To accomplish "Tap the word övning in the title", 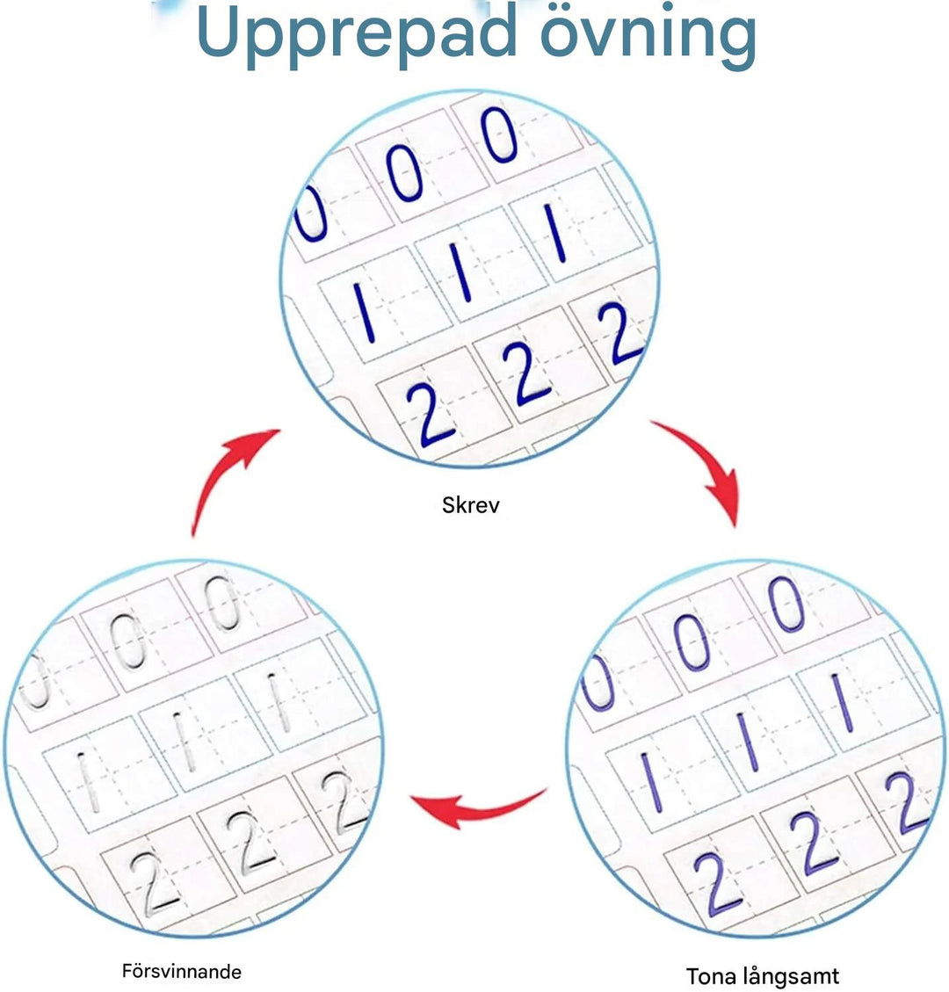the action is coord(648,35).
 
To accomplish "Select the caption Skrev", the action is coord(471,505).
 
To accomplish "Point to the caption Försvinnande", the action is coord(182,971).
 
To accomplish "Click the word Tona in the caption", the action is coord(711,975).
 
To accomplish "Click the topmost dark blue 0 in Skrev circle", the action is coord(499,134).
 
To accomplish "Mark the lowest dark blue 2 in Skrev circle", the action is coord(428,415).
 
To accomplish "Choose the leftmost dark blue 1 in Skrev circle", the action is coord(365,313).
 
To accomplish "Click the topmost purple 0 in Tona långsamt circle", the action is coord(786,605).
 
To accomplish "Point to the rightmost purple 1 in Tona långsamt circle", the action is coord(843,703).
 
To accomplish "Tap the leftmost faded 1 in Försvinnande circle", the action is coord(87,782).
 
